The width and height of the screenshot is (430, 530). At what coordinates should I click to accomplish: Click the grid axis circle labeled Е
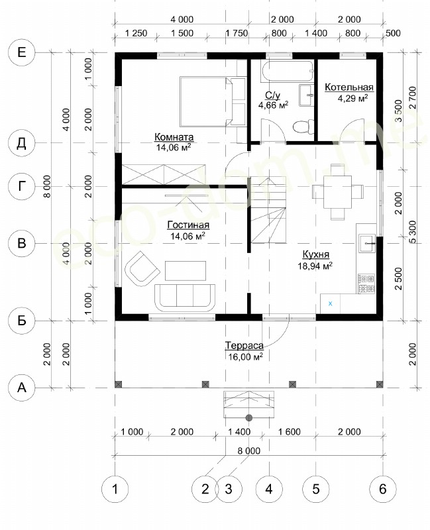22,52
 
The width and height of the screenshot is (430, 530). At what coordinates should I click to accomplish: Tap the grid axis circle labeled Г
22,186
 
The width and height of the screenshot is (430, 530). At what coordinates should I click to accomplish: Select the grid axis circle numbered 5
316,489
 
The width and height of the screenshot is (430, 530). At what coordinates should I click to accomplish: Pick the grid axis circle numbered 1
115,489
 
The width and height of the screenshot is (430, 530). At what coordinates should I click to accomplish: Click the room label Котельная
349,87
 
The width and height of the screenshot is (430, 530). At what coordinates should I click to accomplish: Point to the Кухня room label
316,254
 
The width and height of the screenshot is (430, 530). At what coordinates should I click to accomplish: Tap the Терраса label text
244,345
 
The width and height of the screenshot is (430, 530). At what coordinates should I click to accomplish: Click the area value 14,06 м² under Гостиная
188,236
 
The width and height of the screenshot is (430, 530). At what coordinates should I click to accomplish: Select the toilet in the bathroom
301,127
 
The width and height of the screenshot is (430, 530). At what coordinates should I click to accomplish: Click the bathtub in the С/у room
287,71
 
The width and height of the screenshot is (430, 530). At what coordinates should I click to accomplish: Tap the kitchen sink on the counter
367,243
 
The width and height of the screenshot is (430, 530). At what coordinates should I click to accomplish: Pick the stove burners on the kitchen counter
366,284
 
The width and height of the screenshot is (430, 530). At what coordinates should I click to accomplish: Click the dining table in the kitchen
337,191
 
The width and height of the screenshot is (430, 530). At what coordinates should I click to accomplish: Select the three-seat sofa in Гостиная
185,297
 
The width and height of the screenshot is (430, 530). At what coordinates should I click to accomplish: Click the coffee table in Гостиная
186,271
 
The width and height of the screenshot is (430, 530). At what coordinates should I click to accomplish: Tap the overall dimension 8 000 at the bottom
249,450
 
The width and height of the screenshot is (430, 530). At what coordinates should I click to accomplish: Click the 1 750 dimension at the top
237,33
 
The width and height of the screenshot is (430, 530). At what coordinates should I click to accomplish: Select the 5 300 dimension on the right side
413,232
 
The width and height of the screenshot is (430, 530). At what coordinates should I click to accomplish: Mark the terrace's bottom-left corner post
119,384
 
